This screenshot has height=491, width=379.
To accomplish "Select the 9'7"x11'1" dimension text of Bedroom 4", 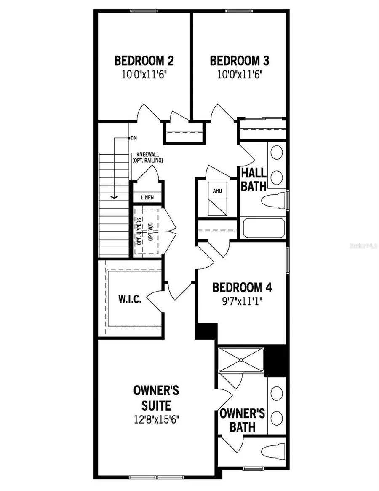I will (242, 302).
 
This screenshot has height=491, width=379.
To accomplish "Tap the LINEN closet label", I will (147, 197).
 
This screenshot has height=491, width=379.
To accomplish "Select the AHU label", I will (217, 191).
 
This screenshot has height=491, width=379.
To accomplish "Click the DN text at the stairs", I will (133, 138).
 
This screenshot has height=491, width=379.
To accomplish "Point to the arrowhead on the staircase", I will (113, 196).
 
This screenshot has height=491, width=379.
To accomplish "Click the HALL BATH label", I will (253, 179).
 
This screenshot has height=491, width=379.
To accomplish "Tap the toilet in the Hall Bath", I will (273, 200).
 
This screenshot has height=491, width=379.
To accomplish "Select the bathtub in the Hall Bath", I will (264, 228).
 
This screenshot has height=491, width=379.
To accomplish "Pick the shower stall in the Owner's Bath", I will (241, 360).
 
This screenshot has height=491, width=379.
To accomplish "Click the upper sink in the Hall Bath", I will (276, 153).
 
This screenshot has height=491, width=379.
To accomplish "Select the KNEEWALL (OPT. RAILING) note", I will (147, 158).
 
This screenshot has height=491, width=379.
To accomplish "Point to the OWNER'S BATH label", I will (243, 420).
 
